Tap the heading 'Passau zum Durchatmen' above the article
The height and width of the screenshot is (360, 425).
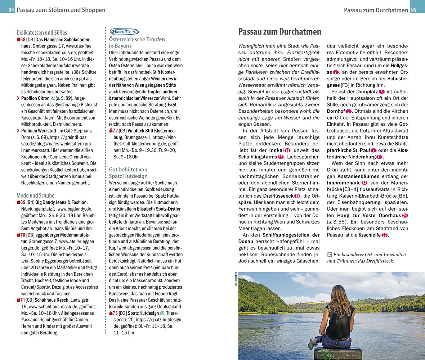(280, 32)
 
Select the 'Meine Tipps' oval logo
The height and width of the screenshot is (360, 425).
(124, 32)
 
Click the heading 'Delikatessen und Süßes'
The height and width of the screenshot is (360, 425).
(42, 32)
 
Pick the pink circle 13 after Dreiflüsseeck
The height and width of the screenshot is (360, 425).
(297, 196)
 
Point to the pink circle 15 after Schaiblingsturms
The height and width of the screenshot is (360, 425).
(280, 157)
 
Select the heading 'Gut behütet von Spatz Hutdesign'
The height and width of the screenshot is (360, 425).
(128, 172)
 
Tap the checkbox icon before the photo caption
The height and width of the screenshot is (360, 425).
(329, 255)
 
